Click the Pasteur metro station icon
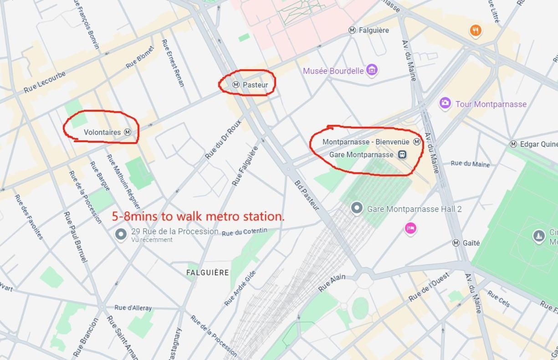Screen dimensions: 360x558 tap(236, 84)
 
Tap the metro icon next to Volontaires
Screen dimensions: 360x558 tap(128, 132)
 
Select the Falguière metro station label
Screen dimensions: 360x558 tap(374, 30)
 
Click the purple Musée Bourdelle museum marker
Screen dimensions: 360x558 tap(372, 70)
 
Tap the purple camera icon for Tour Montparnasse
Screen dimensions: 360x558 tap(445, 103)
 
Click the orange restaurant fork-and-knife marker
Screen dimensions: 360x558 tap(476, 31)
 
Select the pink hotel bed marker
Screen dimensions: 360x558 tap(410, 228)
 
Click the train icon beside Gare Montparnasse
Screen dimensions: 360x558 tap(402, 154)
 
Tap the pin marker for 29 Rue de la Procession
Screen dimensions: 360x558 tap(121, 234)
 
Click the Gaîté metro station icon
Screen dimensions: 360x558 tap(456, 243)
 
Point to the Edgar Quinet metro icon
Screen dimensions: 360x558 tap(513, 144)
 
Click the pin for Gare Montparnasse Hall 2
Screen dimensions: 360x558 tap(357, 208)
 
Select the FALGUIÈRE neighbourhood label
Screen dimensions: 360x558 tap(208, 273)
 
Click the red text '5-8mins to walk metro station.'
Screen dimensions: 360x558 tap(198, 216)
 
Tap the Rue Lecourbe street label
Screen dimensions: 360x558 tap(45, 82)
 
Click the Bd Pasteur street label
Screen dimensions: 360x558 tap(306, 195)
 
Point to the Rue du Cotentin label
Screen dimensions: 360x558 tap(245, 232)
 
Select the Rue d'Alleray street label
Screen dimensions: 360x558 tap(133, 308)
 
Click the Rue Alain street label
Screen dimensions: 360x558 tap(332, 283)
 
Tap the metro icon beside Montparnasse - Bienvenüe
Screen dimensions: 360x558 tap(416, 142)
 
